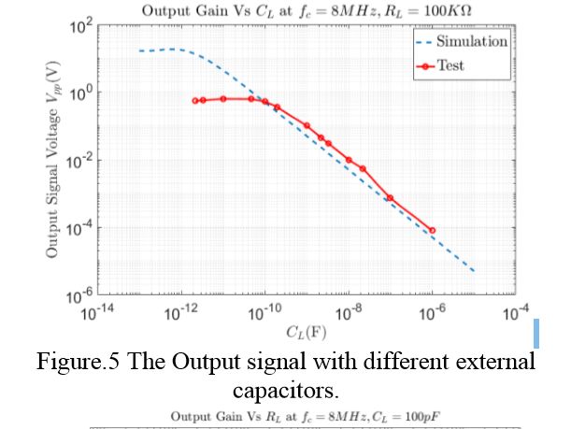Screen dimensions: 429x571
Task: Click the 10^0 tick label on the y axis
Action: [x=79, y=94]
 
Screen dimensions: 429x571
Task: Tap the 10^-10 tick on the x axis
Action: [x=265, y=313]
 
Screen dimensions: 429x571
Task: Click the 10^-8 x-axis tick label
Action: [x=349, y=313]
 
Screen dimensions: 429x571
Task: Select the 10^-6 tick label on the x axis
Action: [x=432, y=313]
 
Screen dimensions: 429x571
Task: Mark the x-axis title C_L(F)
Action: [x=306, y=332]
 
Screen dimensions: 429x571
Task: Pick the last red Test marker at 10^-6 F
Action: [x=432, y=230]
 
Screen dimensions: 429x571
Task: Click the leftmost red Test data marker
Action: [x=194, y=101]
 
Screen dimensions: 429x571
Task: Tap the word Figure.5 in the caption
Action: [x=117, y=362]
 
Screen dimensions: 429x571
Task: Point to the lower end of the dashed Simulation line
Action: [x=474, y=271]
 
